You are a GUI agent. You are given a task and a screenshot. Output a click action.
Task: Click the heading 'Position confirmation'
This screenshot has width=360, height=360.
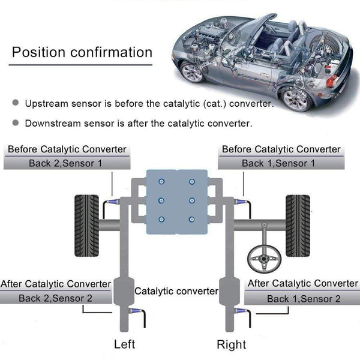(x=82, y=52)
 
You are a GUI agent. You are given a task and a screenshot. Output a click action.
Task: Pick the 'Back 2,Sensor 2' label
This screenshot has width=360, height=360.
(x=55, y=298)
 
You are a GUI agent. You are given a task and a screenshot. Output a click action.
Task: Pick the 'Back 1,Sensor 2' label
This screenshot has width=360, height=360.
(x=304, y=298)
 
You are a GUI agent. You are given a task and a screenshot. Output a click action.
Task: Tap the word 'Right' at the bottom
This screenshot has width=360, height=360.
(x=232, y=344)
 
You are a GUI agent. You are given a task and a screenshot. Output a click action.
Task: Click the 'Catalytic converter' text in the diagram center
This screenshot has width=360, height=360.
(x=176, y=291)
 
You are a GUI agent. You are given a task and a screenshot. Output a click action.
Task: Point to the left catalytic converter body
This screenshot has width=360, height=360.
(x=123, y=292)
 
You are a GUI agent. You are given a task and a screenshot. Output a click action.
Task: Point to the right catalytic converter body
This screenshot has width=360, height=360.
(x=229, y=292)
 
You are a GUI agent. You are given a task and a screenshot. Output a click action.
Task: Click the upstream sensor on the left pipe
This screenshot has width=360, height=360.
(x=113, y=202)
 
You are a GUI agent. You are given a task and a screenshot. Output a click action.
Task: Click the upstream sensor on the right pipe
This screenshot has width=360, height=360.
(x=239, y=202)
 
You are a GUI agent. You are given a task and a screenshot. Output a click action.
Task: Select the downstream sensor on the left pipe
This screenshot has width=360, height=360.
(x=134, y=312)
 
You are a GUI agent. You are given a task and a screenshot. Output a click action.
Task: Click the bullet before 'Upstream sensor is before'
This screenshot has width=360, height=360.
(x=16, y=103)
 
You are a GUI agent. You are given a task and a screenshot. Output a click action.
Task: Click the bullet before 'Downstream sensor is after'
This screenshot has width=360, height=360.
(x=16, y=124)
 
